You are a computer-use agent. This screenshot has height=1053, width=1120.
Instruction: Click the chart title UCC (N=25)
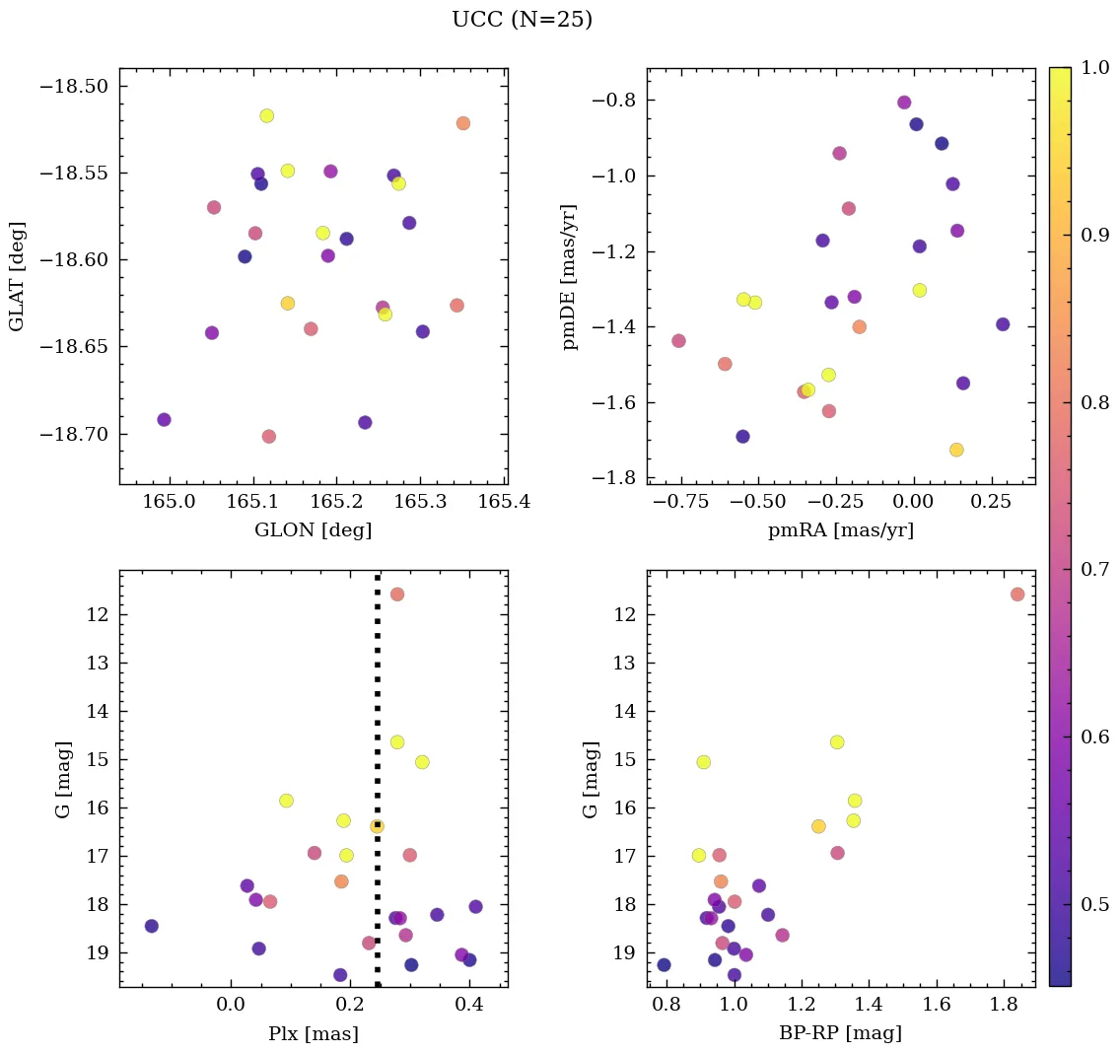tap(522, 20)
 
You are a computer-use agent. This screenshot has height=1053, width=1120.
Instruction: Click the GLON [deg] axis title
tap(313, 530)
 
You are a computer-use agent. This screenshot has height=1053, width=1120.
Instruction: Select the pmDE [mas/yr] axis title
tap(569, 277)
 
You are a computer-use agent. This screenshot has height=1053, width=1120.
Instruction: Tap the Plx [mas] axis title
tap(313, 1033)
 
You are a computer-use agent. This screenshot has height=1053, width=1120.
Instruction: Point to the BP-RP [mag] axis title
tap(840, 1033)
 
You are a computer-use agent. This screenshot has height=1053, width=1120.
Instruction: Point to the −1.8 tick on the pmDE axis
tap(612, 478)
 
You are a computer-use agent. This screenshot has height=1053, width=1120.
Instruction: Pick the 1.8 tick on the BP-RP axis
tap(1006, 1006)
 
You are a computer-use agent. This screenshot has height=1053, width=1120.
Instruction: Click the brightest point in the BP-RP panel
tap(1017, 594)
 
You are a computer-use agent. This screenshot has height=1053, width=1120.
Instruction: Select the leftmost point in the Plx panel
tap(151, 926)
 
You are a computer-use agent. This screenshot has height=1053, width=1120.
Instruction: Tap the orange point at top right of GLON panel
tap(463, 123)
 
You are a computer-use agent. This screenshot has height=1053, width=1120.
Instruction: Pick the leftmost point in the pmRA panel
tap(678, 341)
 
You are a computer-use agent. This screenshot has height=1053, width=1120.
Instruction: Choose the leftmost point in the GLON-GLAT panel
tap(164, 420)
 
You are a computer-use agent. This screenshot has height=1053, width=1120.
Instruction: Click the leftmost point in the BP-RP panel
tap(664, 965)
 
